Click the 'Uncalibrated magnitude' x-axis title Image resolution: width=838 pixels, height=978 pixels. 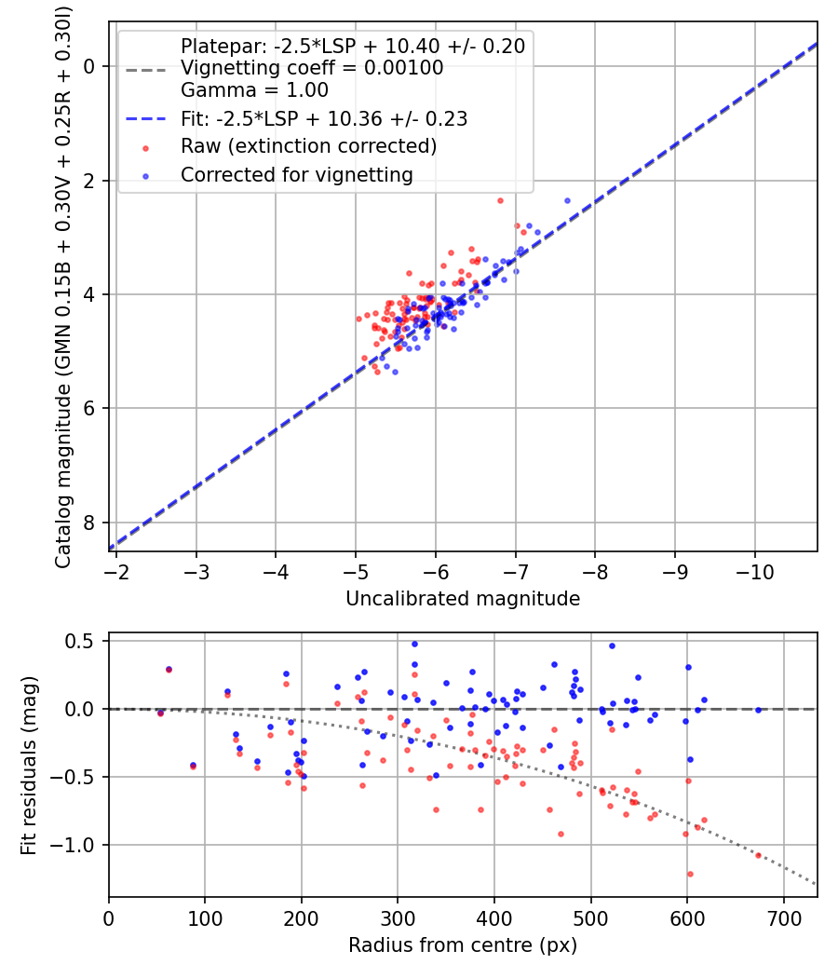click(x=463, y=598)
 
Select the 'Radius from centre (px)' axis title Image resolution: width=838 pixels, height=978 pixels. click(x=463, y=945)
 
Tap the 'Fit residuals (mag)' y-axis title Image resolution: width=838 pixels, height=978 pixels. click(x=29, y=765)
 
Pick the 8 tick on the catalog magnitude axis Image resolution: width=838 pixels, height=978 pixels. click(x=90, y=523)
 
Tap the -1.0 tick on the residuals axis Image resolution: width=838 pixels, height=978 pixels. click(x=79, y=845)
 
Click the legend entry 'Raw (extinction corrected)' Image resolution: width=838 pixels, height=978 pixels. click(x=308, y=146)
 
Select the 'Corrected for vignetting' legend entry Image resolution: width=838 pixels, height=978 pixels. click(x=296, y=174)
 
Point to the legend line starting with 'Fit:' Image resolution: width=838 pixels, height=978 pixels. click(x=324, y=119)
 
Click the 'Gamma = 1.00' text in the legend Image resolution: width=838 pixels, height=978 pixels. click(x=254, y=90)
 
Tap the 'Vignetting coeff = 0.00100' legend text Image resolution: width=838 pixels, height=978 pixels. click(x=312, y=68)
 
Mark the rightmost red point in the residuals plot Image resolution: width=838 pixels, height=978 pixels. click(x=758, y=855)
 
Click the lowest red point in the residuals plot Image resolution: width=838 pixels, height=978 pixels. click(x=690, y=874)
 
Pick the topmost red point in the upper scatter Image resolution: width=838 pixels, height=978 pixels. click(x=500, y=200)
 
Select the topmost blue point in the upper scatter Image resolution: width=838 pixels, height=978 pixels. click(x=567, y=200)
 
